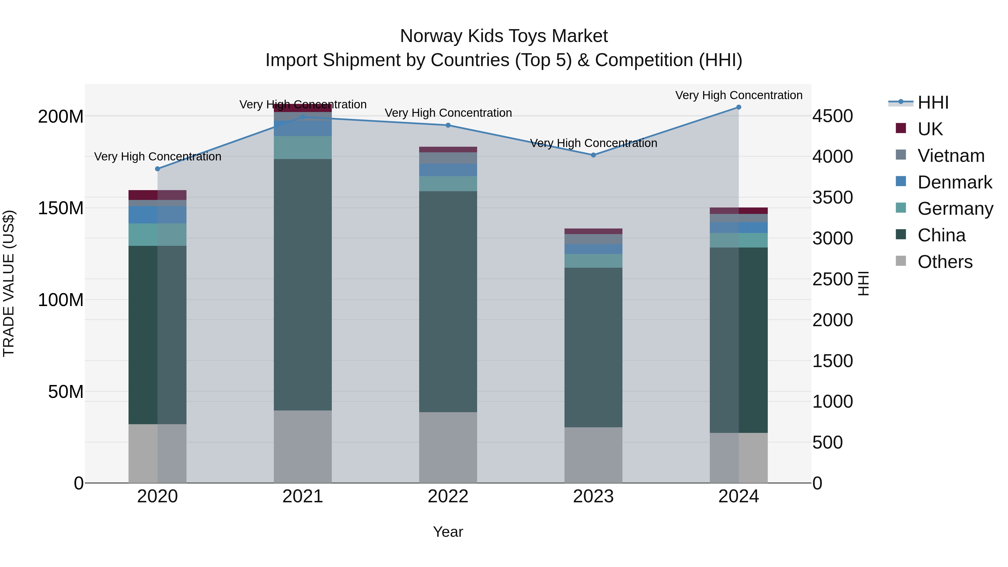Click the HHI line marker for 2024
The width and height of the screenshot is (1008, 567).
click(x=738, y=107)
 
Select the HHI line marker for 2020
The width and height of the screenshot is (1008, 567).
click(x=157, y=169)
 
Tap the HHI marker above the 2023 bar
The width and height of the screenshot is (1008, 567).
click(x=593, y=155)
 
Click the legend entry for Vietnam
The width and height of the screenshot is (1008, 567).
click(x=951, y=156)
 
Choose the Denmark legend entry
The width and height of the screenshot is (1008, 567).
click(x=955, y=182)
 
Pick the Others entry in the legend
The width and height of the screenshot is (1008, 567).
click(x=945, y=262)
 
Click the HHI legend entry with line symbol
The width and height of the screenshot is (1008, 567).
click(x=933, y=102)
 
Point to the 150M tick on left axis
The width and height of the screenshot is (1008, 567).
click(x=61, y=208)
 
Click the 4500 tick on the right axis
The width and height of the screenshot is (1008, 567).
click(x=832, y=116)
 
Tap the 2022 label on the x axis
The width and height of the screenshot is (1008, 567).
click(x=448, y=496)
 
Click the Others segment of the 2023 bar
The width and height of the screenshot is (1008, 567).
click(x=593, y=455)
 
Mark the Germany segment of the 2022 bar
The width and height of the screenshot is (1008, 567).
click(x=448, y=183)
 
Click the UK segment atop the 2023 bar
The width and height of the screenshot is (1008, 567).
click(x=593, y=231)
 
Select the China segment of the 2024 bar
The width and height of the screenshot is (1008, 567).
click(x=738, y=340)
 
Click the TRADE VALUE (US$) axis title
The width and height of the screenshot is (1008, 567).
click(x=9, y=283)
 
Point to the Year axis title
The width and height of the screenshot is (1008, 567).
click(x=448, y=532)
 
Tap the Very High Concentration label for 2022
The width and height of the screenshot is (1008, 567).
click(x=448, y=113)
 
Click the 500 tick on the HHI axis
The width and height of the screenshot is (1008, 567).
click(x=827, y=443)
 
